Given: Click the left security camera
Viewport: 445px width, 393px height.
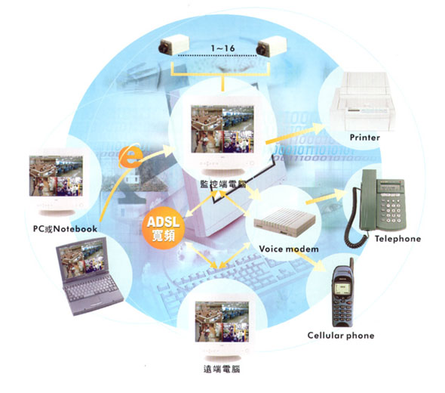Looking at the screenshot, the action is point(173,45).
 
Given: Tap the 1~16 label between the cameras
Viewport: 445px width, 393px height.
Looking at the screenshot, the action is point(222,48).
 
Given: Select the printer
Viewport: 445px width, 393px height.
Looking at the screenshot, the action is point(362,102).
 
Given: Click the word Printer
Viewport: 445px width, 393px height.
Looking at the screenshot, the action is point(365,138).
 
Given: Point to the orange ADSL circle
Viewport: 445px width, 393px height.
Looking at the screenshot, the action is point(164,228).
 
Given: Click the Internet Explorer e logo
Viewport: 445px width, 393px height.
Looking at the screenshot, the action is point(130,156).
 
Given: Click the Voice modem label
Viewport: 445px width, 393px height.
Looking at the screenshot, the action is point(289,249).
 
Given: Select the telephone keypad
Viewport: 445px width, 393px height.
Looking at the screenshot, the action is point(392,210).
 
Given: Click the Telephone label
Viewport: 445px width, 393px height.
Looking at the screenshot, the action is point(398,239).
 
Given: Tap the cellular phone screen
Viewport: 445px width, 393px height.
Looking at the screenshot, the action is point(343,289).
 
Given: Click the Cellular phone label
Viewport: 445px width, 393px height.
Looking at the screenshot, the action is point(341,336).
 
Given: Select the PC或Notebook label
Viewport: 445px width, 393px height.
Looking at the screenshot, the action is point(66,229).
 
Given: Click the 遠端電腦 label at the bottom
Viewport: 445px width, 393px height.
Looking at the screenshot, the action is point(222,370).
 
